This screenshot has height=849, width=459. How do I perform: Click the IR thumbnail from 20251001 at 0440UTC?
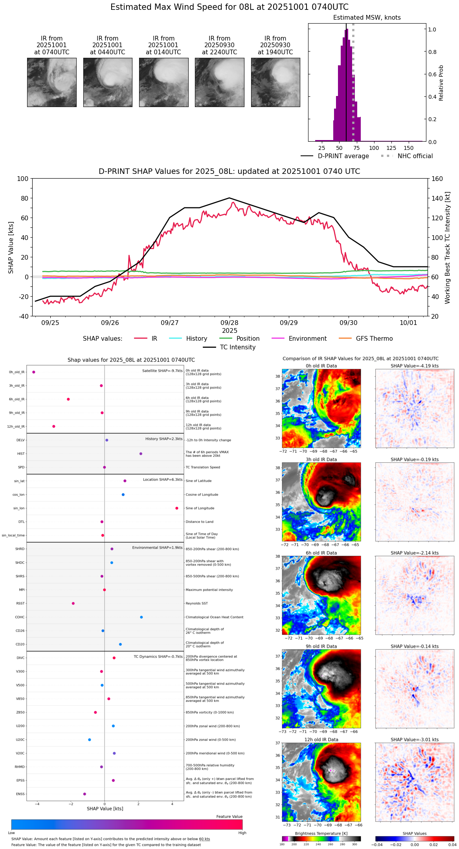tap(108, 82)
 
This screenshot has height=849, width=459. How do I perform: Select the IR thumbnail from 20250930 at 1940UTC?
tap(275, 82)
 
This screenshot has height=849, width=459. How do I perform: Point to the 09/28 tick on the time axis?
tap(229, 323)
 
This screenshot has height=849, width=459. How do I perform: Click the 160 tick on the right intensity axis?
tap(437, 179)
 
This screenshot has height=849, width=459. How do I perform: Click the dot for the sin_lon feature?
tap(177, 508)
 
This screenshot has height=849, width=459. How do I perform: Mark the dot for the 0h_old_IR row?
tap(34, 372)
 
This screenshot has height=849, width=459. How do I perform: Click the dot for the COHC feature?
tap(141, 617)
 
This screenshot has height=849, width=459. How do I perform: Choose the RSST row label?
tap(20, 604)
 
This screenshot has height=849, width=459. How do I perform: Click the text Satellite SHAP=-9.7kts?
tap(162, 371)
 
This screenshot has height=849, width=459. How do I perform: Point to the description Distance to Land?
tap(199, 522)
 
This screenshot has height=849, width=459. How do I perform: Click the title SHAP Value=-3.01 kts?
tap(415, 740)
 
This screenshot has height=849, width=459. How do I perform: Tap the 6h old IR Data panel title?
tap(321, 553)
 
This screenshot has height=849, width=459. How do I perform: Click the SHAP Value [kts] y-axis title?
tap(11, 247)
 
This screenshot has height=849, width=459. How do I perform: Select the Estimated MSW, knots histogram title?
tap(367, 18)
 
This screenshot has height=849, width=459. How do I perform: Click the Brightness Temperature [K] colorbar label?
tap(321, 833)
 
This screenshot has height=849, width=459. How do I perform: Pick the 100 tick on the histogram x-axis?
tap(374, 148)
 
